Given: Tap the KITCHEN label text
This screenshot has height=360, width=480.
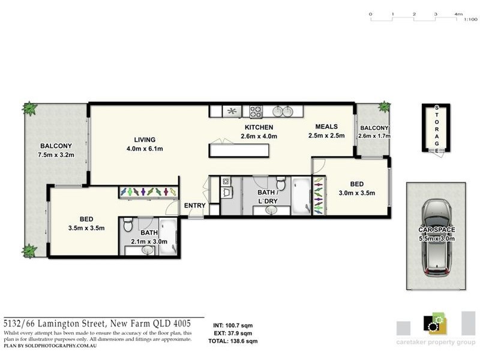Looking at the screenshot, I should [x=259, y=127].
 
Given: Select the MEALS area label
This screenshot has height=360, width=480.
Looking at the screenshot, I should [x=327, y=127].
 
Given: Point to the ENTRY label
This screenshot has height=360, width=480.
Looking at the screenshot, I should [x=195, y=205].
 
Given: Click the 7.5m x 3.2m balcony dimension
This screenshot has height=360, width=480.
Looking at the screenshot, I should [x=56, y=154].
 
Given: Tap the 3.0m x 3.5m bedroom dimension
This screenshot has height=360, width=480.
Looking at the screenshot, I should [x=358, y=193].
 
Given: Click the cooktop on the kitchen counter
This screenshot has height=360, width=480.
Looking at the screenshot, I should [x=256, y=111].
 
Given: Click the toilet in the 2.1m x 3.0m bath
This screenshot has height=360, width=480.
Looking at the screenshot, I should [x=127, y=226].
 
